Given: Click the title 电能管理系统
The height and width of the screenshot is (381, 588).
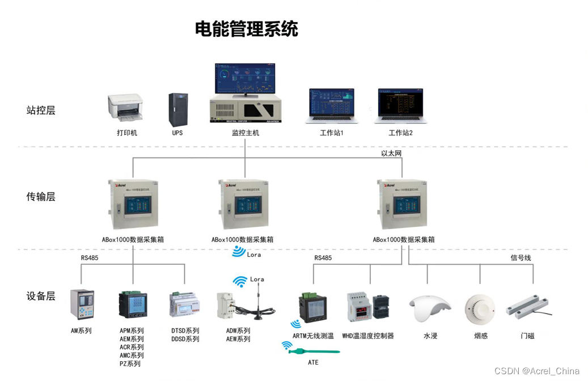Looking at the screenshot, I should tap(247, 28).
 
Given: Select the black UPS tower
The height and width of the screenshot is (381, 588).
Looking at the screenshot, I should tap(177, 109).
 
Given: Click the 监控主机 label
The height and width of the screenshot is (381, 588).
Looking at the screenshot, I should tap(246, 133).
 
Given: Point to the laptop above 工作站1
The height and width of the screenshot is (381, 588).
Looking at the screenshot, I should tap(332, 105).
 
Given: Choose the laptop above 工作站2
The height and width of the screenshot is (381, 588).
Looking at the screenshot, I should tap(401, 105).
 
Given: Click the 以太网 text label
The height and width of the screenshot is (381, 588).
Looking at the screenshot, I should tap(391, 153).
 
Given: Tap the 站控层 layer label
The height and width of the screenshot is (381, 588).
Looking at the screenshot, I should tap(41, 110).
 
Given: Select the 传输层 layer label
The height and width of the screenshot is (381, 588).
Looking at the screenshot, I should tap(41, 197).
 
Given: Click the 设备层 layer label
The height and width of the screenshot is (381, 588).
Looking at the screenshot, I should tap(41, 296).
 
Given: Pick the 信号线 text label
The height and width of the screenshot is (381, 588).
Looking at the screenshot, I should tap(521, 258).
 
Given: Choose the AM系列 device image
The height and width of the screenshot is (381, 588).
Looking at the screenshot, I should tap(81, 304).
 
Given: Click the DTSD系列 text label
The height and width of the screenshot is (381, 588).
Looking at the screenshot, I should tap(185, 331).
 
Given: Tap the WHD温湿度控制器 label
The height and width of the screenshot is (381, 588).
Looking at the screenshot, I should tap(367, 336).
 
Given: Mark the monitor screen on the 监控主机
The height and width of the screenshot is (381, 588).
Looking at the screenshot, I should tap(245, 78).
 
